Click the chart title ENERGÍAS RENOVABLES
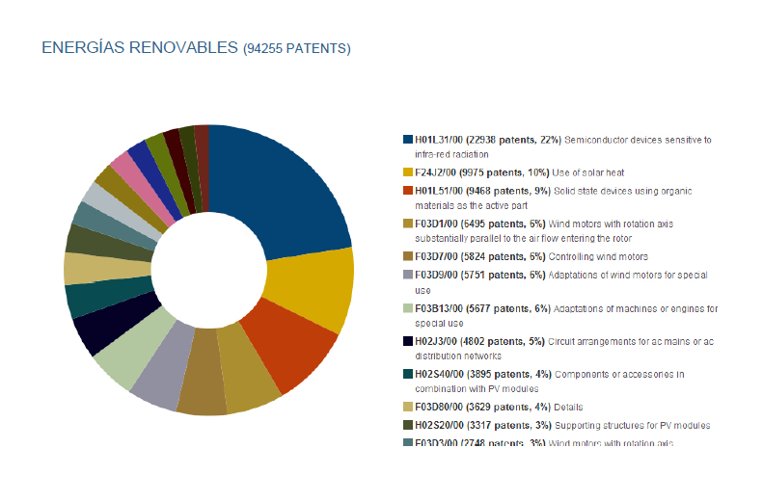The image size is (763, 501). click(139, 47)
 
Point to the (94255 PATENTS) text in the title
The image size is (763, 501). click(297, 48)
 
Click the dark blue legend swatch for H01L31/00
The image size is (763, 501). click(409, 140)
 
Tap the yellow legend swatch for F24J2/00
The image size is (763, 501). click(409, 171)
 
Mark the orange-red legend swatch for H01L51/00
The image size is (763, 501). click(409, 191)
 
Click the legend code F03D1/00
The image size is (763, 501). click(440, 223)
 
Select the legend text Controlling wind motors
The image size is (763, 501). click(599, 256)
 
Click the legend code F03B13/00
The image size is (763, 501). click(443, 309)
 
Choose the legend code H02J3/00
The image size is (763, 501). click(440, 341)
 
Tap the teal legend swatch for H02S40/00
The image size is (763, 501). click(409, 374)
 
